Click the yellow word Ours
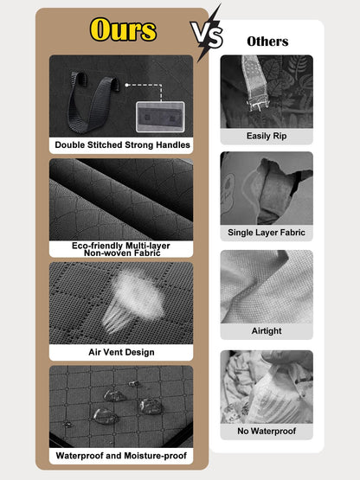pos(123,29)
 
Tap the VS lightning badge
pos(207,34)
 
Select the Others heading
pos(267,42)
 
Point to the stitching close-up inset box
pos(160,117)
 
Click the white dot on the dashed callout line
pos(126,85)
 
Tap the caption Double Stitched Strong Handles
pos(122,144)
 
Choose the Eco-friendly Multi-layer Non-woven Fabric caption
pos(121,249)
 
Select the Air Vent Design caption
pos(121,352)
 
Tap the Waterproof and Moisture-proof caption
pos(121,456)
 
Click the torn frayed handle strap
pos(255,83)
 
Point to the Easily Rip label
pos(267,136)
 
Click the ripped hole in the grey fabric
pos(276,189)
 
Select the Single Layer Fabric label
pos(267,233)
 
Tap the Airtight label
pos(267,330)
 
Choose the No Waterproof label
pos(267,431)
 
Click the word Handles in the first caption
pos(173,144)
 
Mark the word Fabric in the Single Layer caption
pos(292,233)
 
